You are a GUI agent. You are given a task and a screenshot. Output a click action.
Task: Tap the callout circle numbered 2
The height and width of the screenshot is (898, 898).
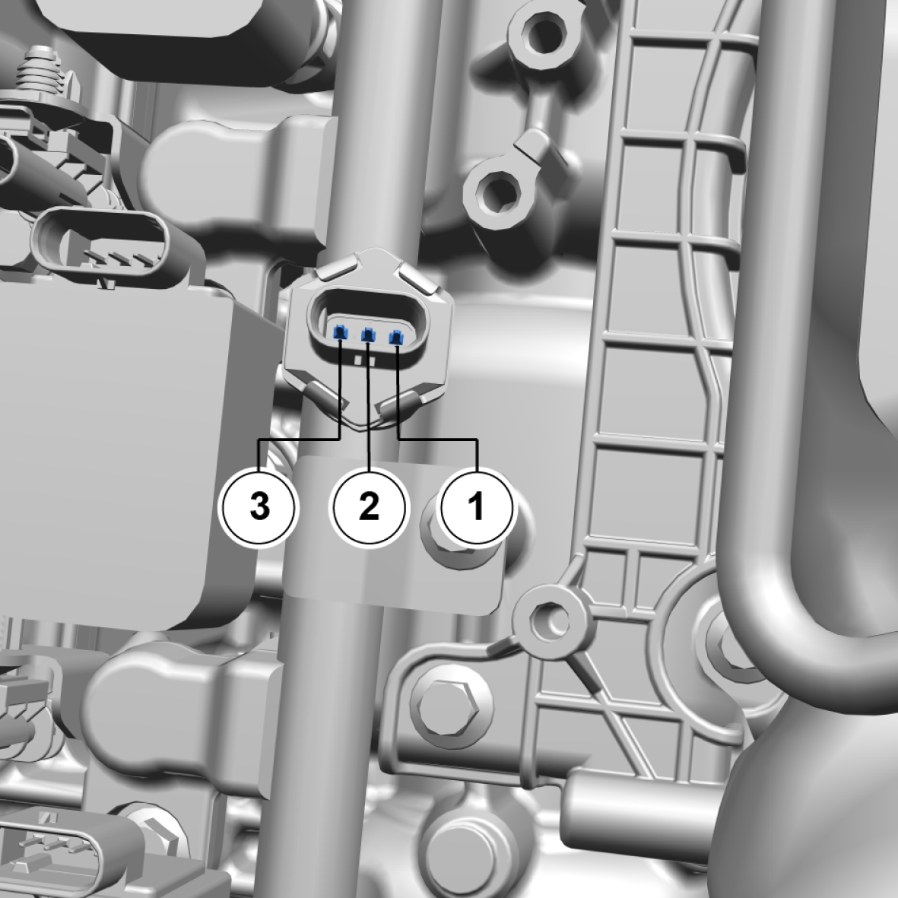pos(370,506)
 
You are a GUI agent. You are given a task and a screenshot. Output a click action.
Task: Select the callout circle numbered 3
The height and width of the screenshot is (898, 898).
pos(260,506)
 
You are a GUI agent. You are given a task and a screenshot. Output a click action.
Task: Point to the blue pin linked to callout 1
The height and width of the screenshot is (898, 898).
pos(395,338)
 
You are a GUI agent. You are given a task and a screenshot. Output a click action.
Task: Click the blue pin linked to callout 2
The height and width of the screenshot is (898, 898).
pos(368,335)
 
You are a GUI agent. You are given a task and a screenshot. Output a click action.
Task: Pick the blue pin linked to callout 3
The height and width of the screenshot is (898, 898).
pos(340,332)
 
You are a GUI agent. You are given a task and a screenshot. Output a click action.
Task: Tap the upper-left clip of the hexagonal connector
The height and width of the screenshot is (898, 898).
pos(338,268)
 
